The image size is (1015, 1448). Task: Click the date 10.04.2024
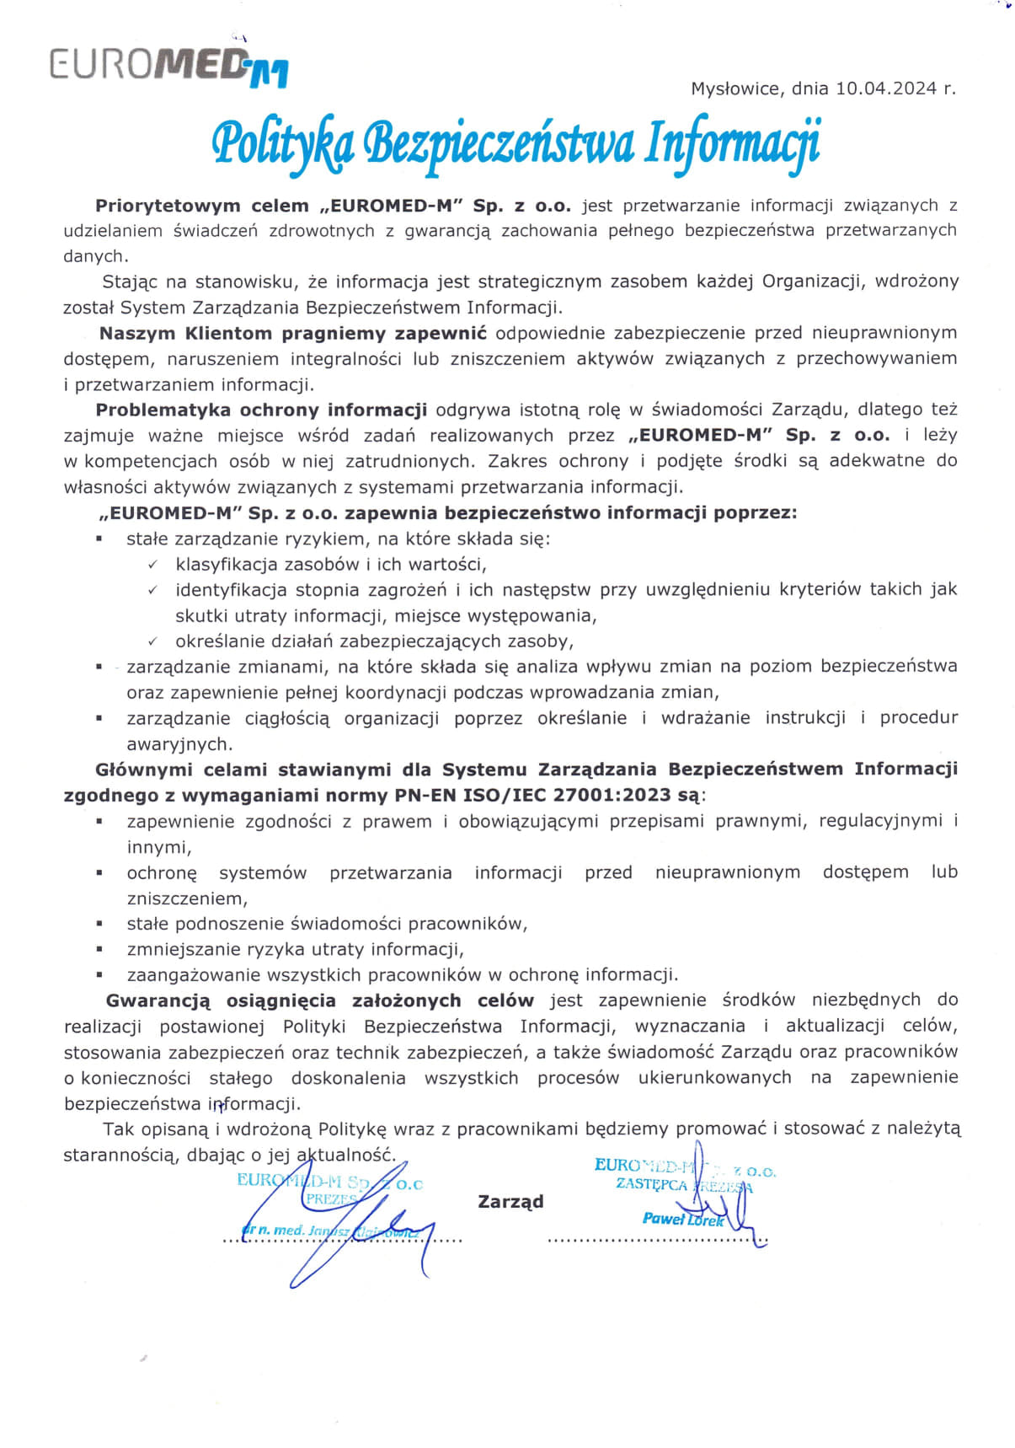tap(887, 88)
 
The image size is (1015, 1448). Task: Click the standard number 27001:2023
tap(623, 795)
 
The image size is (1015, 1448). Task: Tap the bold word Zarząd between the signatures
tap(510, 1201)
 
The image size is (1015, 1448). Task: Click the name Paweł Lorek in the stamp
tap(682, 1219)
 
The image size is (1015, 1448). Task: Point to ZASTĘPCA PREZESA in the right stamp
tap(683, 1184)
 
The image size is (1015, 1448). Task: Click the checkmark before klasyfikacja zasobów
tap(152, 565)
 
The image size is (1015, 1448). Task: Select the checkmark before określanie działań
tap(152, 642)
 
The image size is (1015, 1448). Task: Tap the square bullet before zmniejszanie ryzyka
tap(99, 949)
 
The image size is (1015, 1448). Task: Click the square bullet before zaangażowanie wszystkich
tap(99, 975)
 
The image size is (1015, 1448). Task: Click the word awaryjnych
tap(179, 744)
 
